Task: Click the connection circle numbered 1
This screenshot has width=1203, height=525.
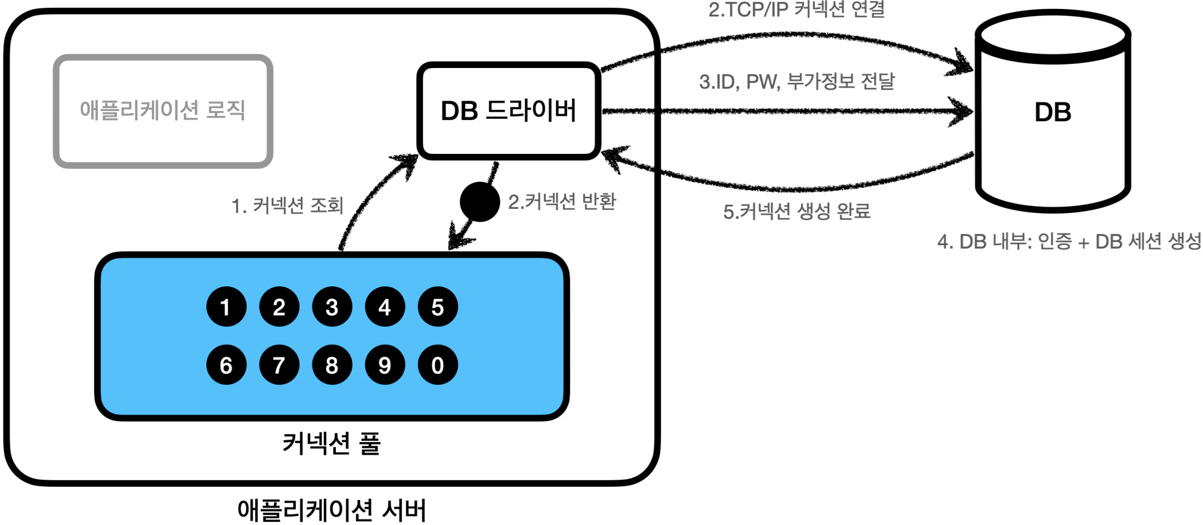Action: (x=226, y=307)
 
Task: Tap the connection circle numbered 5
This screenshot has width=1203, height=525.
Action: (x=438, y=307)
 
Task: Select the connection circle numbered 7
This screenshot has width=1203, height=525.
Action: (x=279, y=365)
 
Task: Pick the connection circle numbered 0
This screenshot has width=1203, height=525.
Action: (x=438, y=365)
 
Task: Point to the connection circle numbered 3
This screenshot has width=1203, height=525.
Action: (x=332, y=307)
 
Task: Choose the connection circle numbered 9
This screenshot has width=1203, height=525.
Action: (x=385, y=365)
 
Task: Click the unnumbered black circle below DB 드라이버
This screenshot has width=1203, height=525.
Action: (x=480, y=202)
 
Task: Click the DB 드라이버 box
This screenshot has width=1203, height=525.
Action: (x=509, y=111)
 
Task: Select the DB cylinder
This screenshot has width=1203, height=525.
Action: (x=1053, y=112)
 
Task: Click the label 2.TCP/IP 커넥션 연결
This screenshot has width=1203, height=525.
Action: (x=796, y=10)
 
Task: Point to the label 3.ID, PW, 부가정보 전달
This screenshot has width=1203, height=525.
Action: (x=797, y=81)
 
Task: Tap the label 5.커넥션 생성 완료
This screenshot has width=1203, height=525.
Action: (x=797, y=211)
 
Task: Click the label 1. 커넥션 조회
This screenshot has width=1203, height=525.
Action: (x=287, y=206)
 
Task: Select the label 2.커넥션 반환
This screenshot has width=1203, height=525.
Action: (x=562, y=202)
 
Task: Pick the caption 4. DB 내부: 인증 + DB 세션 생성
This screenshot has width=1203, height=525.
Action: (x=1069, y=242)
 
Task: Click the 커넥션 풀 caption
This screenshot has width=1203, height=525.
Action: (x=331, y=443)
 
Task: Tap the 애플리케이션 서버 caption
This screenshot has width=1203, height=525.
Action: (x=332, y=511)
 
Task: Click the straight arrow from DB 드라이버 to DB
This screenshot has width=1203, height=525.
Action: (x=787, y=111)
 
